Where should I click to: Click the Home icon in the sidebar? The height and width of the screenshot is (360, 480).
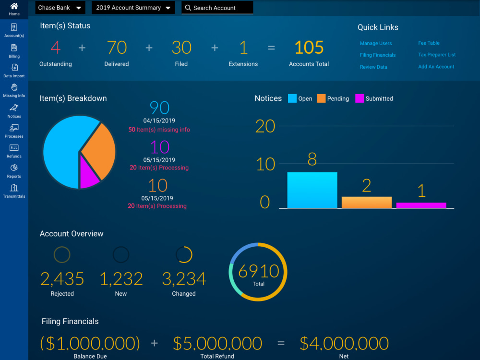tap(14, 6)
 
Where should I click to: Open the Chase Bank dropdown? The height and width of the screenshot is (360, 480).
tap(60, 8)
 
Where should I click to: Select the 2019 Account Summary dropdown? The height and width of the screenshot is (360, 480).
tap(133, 8)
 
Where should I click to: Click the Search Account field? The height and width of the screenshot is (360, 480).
tap(217, 8)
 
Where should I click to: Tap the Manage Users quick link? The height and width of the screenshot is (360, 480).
tap(376, 43)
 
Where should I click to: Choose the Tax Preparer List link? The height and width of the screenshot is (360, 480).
tap(437, 55)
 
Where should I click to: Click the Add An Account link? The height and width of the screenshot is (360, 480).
tap(436, 67)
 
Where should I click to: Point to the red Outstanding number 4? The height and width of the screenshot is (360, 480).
tap(55, 48)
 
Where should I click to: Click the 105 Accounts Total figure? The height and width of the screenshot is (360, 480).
tap(309, 48)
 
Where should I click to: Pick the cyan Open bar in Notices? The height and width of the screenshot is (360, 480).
tap(312, 190)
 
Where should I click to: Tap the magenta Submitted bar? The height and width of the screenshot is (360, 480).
tap(421, 205)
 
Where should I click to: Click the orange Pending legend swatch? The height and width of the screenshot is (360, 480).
tap(321, 98)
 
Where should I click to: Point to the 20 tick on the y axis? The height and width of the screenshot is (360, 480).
tap(265, 126)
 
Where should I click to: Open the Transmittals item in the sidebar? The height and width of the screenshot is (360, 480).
tap(14, 191)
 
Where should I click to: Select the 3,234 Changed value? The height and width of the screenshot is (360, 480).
tap(184, 279)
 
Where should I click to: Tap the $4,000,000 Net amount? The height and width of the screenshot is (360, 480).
tap(344, 343)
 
